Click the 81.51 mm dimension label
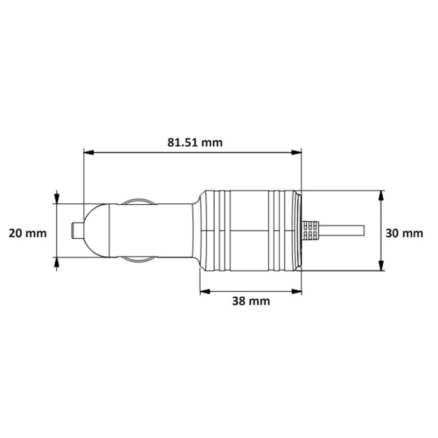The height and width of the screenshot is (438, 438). click(x=195, y=142)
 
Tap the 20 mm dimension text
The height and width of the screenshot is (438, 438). click(x=27, y=233)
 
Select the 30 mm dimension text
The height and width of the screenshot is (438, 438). click(x=404, y=233)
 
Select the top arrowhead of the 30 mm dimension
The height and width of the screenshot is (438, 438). click(x=381, y=194)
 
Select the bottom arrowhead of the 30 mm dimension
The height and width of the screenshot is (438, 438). click(x=381, y=267)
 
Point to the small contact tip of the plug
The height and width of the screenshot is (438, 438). click(x=77, y=230)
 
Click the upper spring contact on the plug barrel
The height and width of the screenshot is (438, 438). click(x=136, y=201)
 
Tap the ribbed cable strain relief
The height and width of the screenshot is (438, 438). click(x=310, y=230)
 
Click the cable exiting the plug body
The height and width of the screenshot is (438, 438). click(x=345, y=230)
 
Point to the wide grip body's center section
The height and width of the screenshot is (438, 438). click(x=249, y=230)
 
